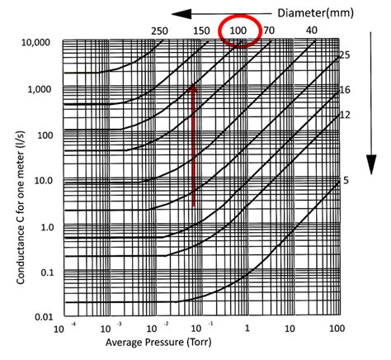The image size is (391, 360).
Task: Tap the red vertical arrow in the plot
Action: pos(193,144)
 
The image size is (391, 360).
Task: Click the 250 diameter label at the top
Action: pos(160,31)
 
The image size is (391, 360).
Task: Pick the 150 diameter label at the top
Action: pos(201,31)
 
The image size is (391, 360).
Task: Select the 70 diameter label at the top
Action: pos(269,31)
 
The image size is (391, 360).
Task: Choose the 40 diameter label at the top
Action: pos(312,31)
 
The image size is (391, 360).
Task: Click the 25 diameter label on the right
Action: pos(346,54)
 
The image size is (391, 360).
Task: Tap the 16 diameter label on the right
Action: pos(346,90)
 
